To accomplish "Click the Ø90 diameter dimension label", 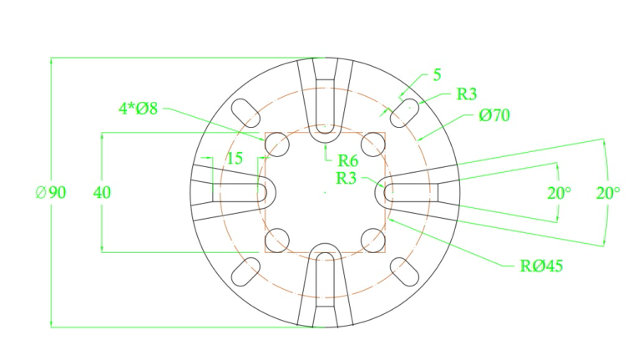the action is (51, 192).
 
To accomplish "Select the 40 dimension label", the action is (102, 192).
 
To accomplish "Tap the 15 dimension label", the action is (235, 158).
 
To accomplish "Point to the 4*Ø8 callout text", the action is (138, 109).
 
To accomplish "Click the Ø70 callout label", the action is (494, 115).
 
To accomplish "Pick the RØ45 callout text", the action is (542, 266).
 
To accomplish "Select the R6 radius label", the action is (348, 161).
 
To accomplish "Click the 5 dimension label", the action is (437, 75).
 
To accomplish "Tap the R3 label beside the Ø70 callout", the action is (466, 94).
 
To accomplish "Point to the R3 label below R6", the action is (347, 178).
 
